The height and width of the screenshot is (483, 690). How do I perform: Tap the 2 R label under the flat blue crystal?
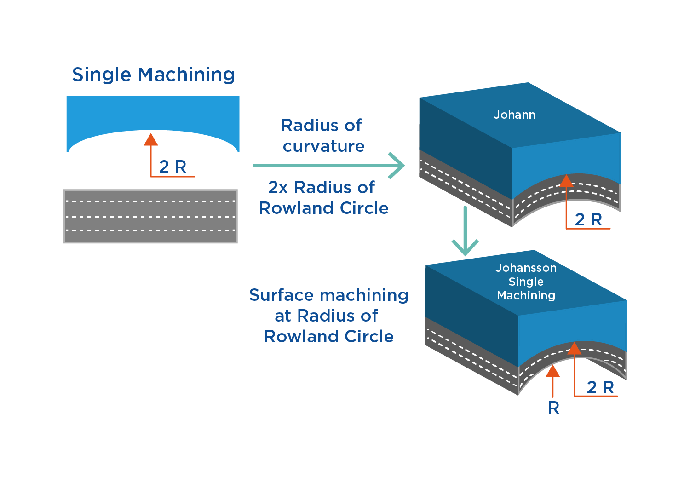coord(172,167)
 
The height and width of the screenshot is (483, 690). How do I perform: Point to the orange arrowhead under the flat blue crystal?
coord(151,139)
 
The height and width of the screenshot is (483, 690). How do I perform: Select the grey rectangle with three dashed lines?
coord(150,216)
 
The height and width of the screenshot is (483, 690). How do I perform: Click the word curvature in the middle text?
coord(323,146)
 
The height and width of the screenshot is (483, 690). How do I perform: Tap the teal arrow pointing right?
coord(328,165)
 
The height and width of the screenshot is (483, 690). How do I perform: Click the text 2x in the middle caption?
coord(278,187)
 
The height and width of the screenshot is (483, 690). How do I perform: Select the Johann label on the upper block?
coord(514,115)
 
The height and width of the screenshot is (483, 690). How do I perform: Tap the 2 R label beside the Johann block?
coord(588,219)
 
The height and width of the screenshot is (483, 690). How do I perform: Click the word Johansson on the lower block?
coord(526,268)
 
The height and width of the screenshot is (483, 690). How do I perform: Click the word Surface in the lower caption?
coord(281,295)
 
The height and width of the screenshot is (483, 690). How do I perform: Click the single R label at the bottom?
coord(553,408)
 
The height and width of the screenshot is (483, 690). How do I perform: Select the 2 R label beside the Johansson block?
coord(600,387)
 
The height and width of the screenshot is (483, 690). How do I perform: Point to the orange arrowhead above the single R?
coord(552,371)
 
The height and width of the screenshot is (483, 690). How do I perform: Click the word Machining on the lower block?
coord(526,295)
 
